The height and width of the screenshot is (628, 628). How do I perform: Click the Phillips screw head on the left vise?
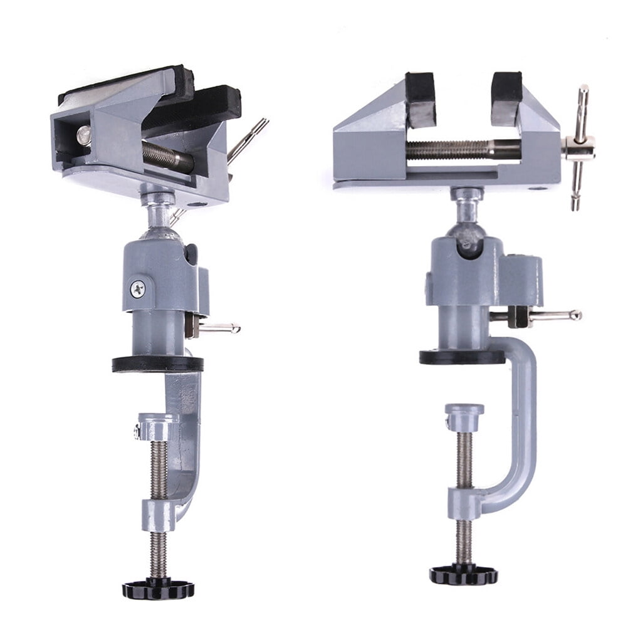137,289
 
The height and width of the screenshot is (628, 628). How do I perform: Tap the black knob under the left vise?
158,589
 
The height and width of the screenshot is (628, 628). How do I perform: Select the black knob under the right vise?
464,574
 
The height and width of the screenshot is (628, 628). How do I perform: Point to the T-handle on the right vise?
580,147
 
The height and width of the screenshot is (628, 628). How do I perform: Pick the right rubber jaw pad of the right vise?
506,97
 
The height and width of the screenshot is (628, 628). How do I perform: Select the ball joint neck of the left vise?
157,213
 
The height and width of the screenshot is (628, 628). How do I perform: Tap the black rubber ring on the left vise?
158,364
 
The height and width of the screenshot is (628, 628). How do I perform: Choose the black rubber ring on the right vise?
462,357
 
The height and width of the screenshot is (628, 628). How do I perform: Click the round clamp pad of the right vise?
464,411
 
